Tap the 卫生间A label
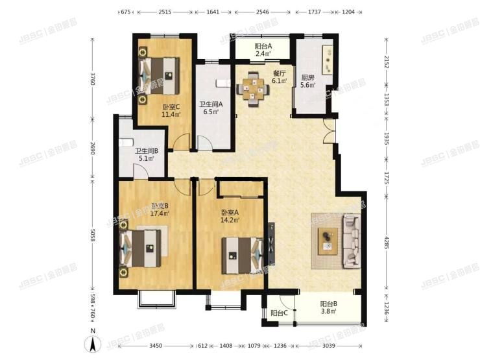[211, 104]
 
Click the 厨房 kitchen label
[308, 80]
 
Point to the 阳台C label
[279, 313]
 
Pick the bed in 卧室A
[241, 252]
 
